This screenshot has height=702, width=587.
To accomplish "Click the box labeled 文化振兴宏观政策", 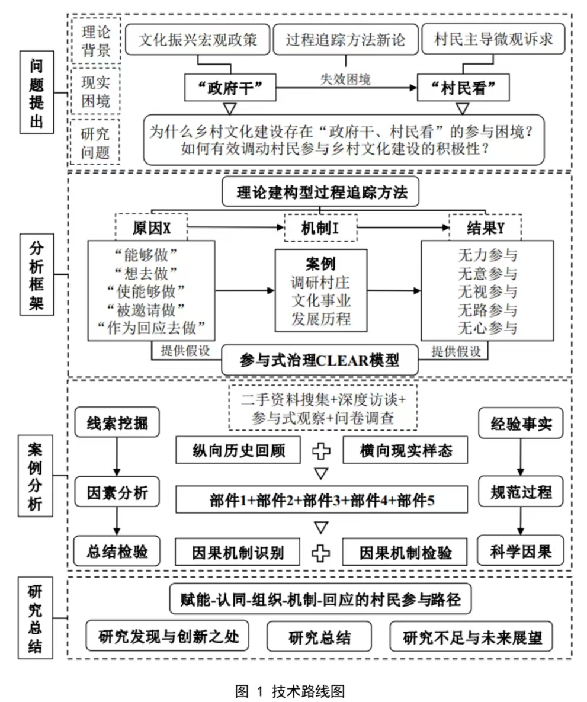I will (x=198, y=40).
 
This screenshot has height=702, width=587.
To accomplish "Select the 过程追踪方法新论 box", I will (x=345, y=40).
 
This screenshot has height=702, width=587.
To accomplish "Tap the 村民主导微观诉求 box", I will (x=493, y=40).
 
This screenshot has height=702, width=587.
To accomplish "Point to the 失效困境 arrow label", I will (x=346, y=79).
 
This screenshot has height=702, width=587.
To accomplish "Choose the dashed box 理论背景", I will (x=95, y=40).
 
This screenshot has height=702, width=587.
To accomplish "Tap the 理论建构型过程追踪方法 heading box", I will (x=320, y=192).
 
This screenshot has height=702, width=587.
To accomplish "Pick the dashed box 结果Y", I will (x=485, y=228).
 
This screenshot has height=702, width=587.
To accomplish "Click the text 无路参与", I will (x=487, y=309).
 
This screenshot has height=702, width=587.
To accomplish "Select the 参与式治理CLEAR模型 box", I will (x=320, y=360).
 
